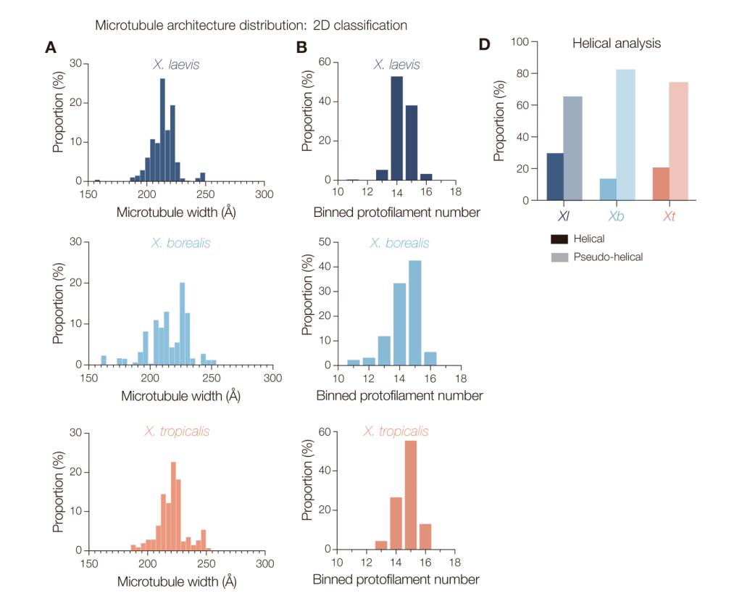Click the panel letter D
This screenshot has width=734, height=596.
(x=484, y=44)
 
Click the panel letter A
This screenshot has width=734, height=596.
(x=50, y=48)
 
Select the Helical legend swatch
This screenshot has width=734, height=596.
(x=558, y=239)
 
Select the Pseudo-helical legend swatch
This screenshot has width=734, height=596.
(x=558, y=256)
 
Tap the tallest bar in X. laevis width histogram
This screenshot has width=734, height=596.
(x=162, y=131)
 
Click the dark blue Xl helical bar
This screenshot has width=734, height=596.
(x=555, y=177)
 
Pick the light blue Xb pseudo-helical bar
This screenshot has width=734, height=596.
(x=626, y=135)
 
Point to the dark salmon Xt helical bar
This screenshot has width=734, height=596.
(x=659, y=184)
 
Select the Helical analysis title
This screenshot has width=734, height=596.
(x=617, y=44)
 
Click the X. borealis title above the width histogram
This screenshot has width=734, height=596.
(x=180, y=243)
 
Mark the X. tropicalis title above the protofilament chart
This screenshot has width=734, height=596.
(x=396, y=431)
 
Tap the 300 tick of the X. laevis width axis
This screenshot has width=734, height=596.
(x=264, y=194)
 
